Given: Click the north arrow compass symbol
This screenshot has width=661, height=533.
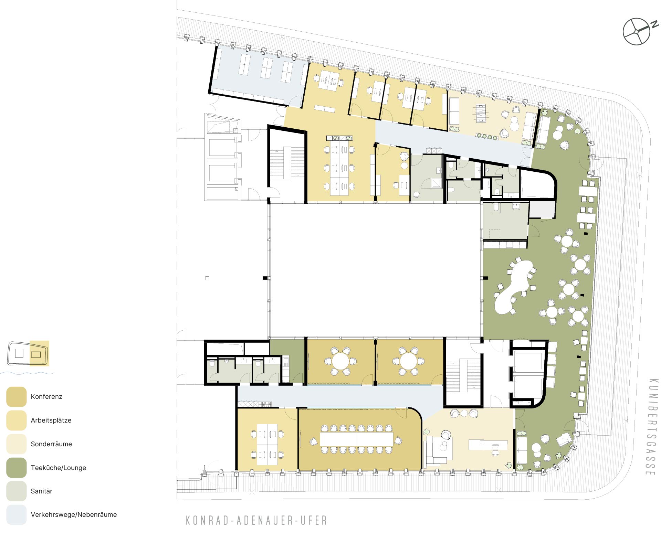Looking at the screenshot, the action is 637,32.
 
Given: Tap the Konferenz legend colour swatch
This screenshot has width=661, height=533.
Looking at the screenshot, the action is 17,397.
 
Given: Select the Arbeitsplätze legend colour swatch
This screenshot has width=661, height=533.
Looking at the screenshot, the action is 17,420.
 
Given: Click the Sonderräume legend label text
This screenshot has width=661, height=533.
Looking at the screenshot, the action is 51,444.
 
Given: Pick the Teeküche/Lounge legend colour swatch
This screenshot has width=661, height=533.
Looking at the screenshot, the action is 17,468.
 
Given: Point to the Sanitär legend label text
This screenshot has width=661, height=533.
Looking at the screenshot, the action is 42,491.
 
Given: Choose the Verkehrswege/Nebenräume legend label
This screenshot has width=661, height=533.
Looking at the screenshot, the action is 74,515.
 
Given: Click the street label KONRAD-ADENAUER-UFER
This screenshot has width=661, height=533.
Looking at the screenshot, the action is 256,520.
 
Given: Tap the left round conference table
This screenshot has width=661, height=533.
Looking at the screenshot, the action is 340,361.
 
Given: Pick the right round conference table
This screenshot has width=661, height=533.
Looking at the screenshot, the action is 408,361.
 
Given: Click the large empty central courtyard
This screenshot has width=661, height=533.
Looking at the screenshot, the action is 375,270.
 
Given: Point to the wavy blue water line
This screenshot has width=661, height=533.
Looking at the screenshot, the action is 27,373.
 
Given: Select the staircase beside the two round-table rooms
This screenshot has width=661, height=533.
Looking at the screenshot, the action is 463,375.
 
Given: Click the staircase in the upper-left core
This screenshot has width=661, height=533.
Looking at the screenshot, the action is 287,163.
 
